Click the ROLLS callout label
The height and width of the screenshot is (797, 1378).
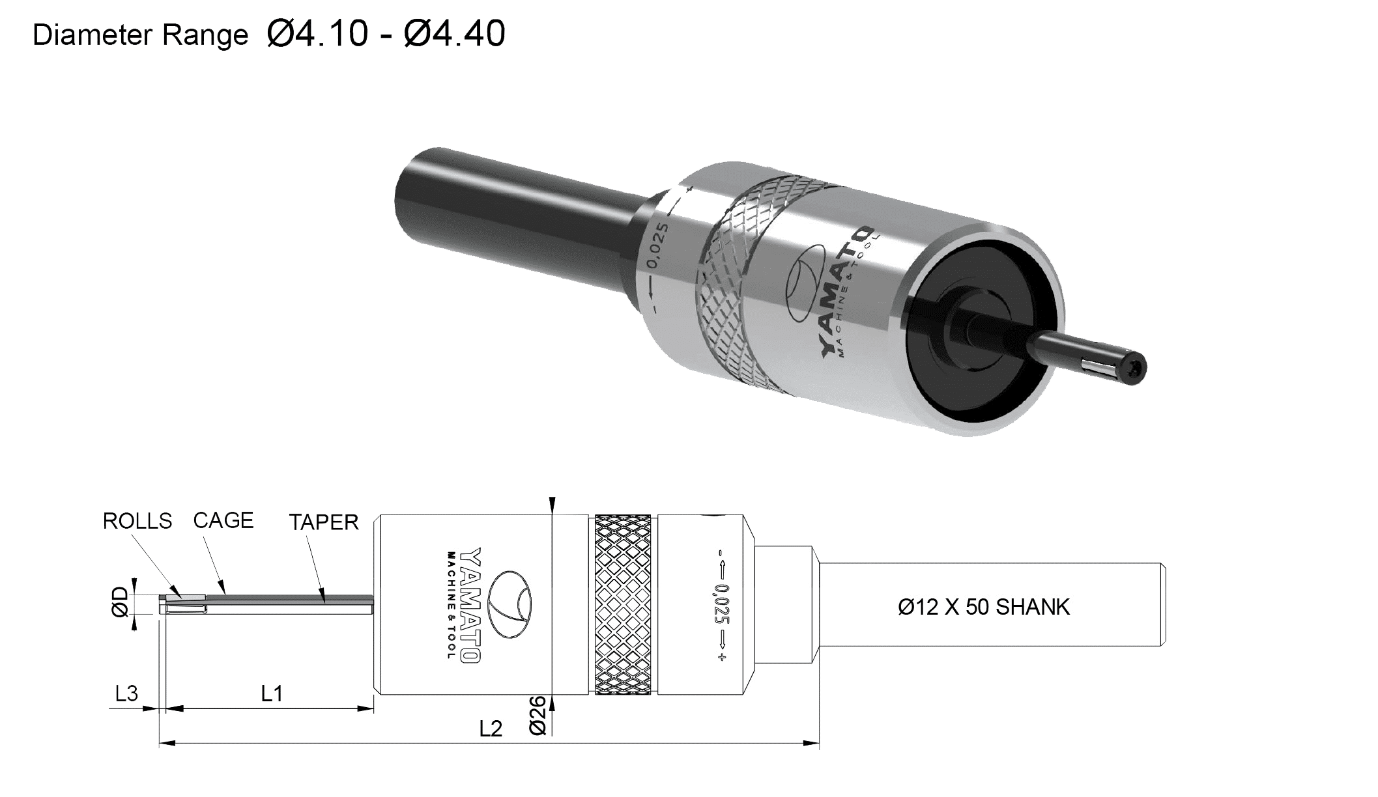click(137, 521)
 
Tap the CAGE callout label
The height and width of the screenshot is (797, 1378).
click(223, 520)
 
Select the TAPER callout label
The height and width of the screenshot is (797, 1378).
click(324, 522)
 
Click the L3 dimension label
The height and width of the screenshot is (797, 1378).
click(126, 693)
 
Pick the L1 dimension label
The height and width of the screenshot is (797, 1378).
click(272, 693)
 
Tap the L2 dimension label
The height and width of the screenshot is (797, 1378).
click(491, 729)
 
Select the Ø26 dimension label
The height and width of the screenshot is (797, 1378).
click(537, 716)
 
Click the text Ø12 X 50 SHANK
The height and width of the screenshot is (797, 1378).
click(984, 607)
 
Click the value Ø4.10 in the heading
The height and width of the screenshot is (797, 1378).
click(317, 34)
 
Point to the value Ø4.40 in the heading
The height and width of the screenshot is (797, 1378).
click(454, 34)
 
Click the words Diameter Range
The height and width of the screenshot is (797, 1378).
click(140, 35)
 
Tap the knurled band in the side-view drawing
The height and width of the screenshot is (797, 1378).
click(623, 604)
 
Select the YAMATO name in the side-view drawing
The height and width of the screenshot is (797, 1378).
click(470, 605)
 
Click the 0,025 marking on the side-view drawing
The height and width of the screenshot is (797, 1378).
click(722, 604)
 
